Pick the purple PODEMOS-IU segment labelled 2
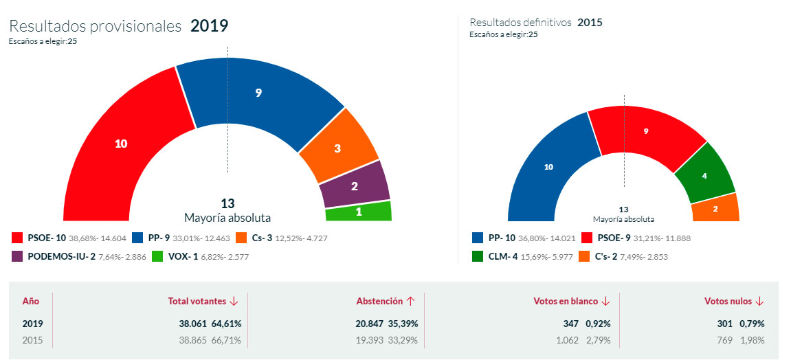[353, 185]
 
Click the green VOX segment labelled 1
[358, 212]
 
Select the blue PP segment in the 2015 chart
[548, 167]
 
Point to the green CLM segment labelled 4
[703, 175]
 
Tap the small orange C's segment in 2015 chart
[715, 208]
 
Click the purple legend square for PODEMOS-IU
[17, 256]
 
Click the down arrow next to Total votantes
[234, 301]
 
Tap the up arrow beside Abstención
[410, 301]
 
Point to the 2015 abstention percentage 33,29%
[403, 340]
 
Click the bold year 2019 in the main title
[209, 26]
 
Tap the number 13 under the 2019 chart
[227, 203]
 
